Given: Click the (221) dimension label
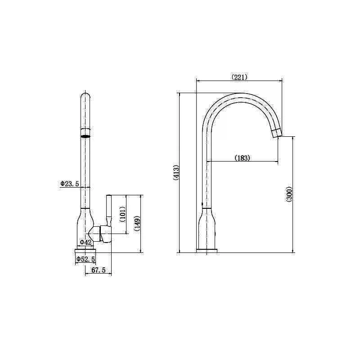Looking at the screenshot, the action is (x=239, y=77).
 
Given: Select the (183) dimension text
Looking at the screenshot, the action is (x=243, y=158).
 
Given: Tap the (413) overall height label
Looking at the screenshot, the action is (x=176, y=172).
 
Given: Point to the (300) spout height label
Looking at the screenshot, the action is (x=289, y=194).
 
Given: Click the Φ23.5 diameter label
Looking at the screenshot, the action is (x=70, y=184).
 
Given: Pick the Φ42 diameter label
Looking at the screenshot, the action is (x=85, y=242).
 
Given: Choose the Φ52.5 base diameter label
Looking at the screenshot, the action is (x=85, y=259).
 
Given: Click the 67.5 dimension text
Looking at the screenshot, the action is (x=99, y=270).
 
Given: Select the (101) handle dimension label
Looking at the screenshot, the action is (x=122, y=214).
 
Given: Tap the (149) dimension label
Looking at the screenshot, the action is (x=137, y=223).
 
